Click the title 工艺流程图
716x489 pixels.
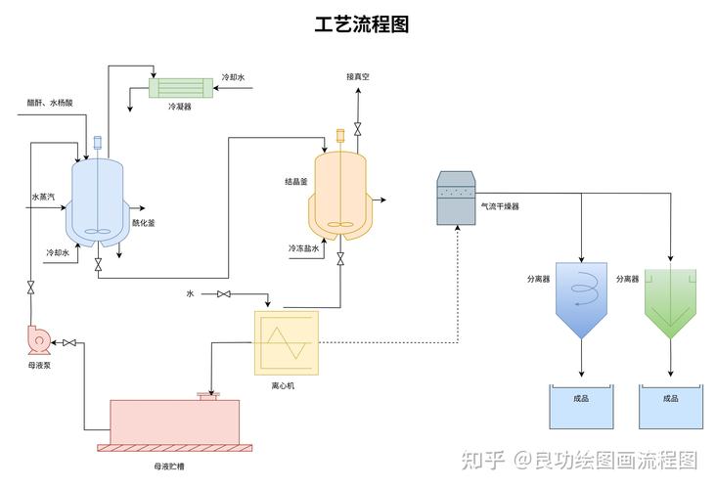361,24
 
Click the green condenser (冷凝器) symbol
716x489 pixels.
181,88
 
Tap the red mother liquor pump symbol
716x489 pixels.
39,339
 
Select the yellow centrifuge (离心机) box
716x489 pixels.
287,343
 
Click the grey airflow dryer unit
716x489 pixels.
456,199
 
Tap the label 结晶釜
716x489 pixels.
296,182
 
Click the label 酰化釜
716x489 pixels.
144,223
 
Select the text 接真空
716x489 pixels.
358,76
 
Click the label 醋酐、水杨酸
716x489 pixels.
50,103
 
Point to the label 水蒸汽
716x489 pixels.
43,197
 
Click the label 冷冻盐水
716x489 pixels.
303,248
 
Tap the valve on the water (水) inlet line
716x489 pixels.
224,294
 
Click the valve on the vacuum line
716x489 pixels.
358,129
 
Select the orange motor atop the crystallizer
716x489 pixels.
340,135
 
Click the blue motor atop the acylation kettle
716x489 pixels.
97,143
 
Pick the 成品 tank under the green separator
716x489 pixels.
671,406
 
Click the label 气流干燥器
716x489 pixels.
500,206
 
